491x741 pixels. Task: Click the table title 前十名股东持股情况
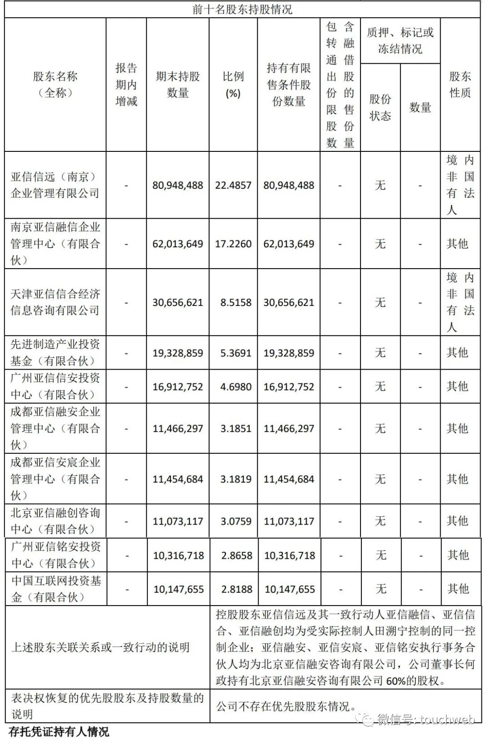[242, 9]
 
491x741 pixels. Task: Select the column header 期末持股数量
[178, 85]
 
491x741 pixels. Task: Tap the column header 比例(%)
[233, 85]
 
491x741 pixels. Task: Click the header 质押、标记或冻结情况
[400, 40]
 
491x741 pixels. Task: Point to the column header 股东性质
[460, 85]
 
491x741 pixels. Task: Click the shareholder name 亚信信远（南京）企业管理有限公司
[55, 185]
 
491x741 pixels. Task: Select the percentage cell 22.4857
[233, 185]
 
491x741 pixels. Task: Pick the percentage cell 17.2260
[233, 244]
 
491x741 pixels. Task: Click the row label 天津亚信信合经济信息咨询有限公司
[55, 302]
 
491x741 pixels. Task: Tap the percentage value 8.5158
[235, 303]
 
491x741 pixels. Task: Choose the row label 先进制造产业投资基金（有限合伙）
[55, 353]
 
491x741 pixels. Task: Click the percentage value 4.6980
[235, 387]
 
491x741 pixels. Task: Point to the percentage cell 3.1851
[235, 429]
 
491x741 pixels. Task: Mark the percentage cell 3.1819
[235, 479]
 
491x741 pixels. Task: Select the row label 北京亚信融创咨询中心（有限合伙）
[55, 521]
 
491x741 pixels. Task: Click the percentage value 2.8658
[236, 556]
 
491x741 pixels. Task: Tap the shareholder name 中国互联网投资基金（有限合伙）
[56, 589]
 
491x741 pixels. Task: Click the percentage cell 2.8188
[236, 590]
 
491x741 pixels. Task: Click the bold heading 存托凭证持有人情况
[59, 732]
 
